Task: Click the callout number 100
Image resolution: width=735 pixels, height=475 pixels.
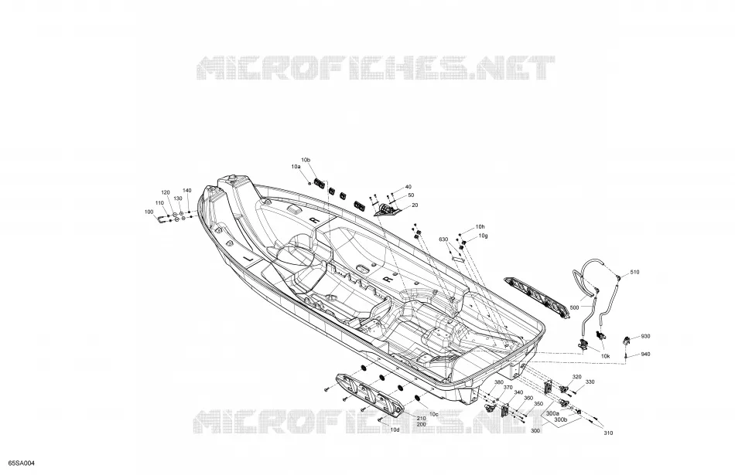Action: (x=149, y=212)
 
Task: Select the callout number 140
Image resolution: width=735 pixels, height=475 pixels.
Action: (x=187, y=191)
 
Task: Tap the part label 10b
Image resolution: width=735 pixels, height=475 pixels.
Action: (x=306, y=160)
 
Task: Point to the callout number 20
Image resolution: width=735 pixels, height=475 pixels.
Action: (x=415, y=205)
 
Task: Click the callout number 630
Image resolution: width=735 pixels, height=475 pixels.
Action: (x=443, y=239)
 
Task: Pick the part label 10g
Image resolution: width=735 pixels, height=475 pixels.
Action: (x=484, y=236)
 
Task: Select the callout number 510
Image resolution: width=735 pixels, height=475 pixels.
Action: (x=634, y=272)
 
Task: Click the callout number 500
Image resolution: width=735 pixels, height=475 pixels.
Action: (x=574, y=307)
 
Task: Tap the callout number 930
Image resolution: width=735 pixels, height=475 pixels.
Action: (x=645, y=336)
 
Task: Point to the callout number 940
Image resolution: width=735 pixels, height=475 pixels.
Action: (x=645, y=355)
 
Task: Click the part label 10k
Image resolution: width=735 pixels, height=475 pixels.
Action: (x=606, y=356)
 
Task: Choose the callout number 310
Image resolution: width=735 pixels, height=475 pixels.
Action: (x=608, y=433)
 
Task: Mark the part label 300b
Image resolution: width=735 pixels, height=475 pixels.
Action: (x=561, y=420)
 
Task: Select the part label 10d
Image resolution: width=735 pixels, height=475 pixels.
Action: (x=395, y=429)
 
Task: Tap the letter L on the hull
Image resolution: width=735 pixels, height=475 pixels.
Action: (x=249, y=258)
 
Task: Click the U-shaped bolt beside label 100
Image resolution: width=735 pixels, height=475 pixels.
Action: (x=162, y=219)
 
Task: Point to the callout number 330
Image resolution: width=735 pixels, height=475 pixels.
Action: (x=590, y=382)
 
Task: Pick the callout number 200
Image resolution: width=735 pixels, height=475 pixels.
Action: (x=421, y=424)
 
